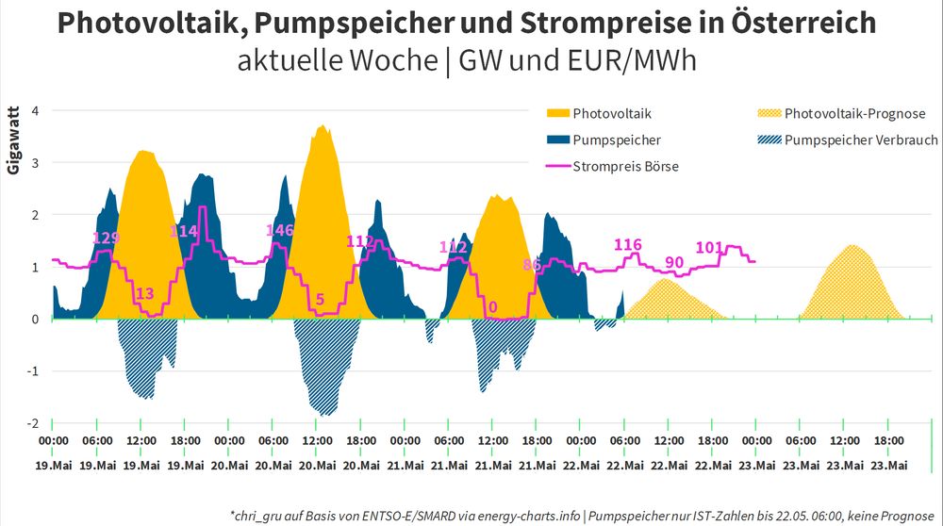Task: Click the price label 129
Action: click(x=107, y=238)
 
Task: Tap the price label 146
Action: click(x=280, y=231)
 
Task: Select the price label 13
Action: click(x=145, y=294)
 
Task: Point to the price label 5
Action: click(x=321, y=300)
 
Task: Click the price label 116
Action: click(x=628, y=245)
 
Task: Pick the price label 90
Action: click(x=674, y=261)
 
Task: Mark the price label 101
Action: click(x=709, y=247)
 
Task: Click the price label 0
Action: click(x=493, y=306)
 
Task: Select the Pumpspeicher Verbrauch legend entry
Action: click(x=861, y=140)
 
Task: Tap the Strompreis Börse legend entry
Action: click(x=626, y=167)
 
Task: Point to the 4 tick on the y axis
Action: click(x=35, y=110)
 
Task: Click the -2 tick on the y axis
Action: click(x=33, y=423)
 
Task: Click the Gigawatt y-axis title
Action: click(x=13, y=141)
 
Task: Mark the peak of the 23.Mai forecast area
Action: click(x=852, y=245)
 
